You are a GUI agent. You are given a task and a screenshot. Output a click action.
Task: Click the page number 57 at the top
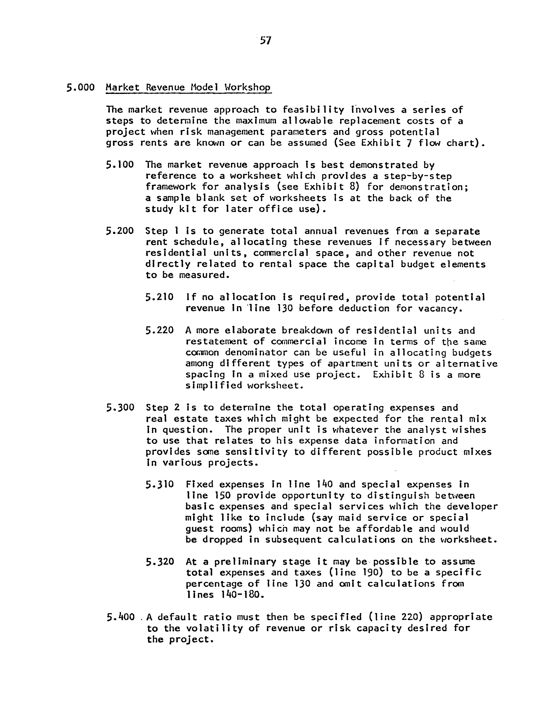(x=265, y=40)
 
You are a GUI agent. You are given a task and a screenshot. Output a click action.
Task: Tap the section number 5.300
(x=120, y=408)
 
